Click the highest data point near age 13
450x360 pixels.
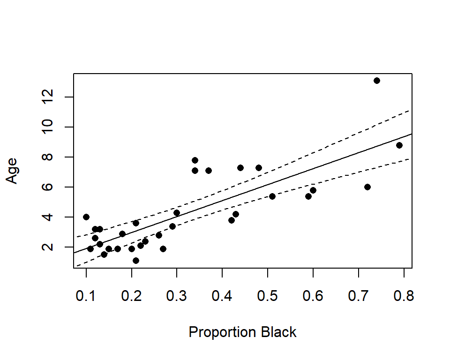tap(377, 81)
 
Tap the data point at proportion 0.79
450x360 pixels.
tap(399, 145)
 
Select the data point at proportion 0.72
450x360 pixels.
tap(367, 187)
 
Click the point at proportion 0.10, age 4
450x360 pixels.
tap(86, 217)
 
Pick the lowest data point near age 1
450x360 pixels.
tap(136, 261)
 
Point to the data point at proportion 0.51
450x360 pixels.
tap(272, 196)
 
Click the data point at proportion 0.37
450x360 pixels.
tap(209, 171)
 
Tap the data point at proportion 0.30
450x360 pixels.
tap(177, 213)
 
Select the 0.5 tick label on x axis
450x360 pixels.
tap(268, 297)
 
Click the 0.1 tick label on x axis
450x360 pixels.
tap(86, 297)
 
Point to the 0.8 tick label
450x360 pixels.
tap(404, 297)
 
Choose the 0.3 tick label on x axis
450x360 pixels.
tap(177, 297)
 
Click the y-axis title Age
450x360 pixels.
tap(12, 171)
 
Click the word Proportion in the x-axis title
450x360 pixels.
tap(217, 332)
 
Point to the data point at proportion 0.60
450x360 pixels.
tap(313, 190)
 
